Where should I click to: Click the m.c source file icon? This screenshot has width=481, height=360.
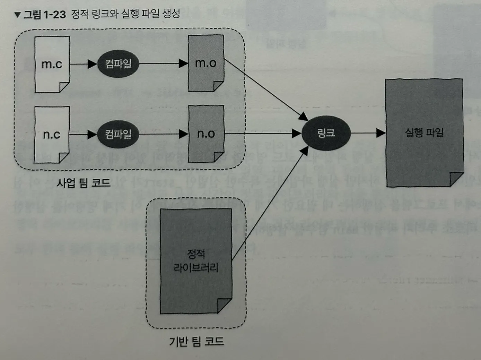coord(52,64)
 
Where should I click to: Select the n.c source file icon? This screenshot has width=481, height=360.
coord(52,134)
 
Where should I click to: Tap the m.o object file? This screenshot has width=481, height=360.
coord(206,63)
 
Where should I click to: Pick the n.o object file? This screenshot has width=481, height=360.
coord(206,134)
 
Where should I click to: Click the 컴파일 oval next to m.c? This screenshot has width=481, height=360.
coord(118,64)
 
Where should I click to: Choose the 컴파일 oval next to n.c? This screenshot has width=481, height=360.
coord(118,134)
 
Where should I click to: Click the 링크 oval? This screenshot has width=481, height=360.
coord(326,133)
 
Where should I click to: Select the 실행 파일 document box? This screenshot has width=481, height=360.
coord(424,132)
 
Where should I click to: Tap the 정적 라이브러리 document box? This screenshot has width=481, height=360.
coord(196,261)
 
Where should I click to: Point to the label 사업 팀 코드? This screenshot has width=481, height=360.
coord(84,183)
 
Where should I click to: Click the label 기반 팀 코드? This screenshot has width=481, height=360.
coord(196,341)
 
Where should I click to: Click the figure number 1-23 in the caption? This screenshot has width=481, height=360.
coord(55,15)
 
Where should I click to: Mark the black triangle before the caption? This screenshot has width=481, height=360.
coord(18,15)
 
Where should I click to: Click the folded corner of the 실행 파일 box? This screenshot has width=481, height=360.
coord(456,179)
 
